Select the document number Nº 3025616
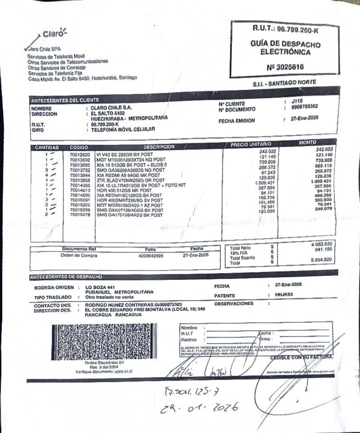(x=285, y=67)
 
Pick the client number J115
(x=297, y=101)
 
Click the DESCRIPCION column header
(x=159, y=147)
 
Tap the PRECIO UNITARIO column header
(x=251, y=144)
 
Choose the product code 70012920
(x=79, y=154)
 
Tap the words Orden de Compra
(x=79, y=255)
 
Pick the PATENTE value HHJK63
(x=284, y=294)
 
